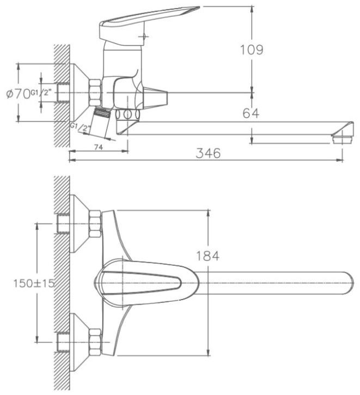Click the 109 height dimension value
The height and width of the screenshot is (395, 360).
click(252, 50)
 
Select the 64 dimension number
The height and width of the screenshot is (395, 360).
click(251, 113)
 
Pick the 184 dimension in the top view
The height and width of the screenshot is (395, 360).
click(208, 255)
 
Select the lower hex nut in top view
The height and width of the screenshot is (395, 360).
click(95, 339)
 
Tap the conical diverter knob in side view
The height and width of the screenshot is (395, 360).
click(156, 98)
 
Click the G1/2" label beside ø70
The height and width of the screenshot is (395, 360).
click(42, 94)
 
